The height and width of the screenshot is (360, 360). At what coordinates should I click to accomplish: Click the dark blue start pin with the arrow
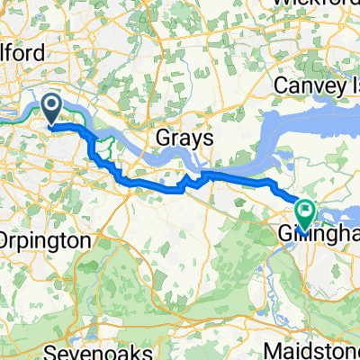52,111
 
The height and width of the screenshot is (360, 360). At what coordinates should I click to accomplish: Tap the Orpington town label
49,241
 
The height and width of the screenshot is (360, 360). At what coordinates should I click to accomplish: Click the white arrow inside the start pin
52,107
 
